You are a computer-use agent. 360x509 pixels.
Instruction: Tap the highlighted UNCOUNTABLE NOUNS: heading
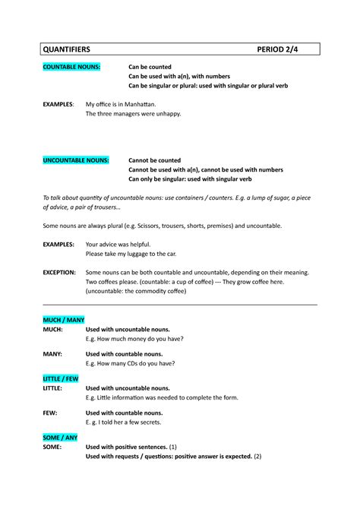pyautogui.click(x=76, y=160)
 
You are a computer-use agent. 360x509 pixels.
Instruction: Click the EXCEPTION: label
pyautogui.click(x=58, y=271)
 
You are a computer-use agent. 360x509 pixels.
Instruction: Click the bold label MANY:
pyautogui.click(x=52, y=353)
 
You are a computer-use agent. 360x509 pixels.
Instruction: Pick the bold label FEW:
pyautogui.click(x=49, y=413)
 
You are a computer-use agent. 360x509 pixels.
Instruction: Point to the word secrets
pyautogui.click(x=147, y=422)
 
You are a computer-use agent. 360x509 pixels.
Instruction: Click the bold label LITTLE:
pyautogui.click(x=53, y=387)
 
